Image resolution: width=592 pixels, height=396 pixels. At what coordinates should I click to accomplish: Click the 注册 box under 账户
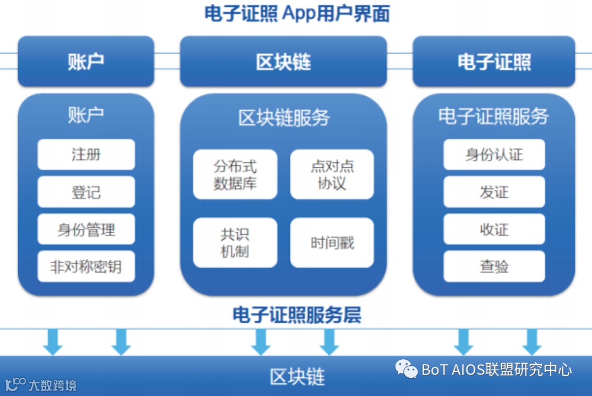[x=86, y=154]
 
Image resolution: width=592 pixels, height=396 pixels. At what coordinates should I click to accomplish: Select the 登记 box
[x=86, y=192]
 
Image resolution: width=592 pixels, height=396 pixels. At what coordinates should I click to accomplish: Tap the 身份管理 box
[x=86, y=229]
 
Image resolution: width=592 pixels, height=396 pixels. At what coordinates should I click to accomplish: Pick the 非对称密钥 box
[x=86, y=267]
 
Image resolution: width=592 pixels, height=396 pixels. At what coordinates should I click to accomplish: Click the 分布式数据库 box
[x=235, y=174]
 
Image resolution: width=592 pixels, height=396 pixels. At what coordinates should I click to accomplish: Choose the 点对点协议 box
[x=332, y=174]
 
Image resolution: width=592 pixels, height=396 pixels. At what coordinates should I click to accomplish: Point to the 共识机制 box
[x=235, y=242]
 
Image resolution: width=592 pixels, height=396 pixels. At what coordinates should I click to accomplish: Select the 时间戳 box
[x=332, y=242]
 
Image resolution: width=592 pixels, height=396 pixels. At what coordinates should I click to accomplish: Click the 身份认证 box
[x=494, y=154]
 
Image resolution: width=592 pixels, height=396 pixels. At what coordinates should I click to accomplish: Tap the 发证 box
[x=494, y=192]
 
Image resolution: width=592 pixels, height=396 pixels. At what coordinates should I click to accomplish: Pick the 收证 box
[x=494, y=229]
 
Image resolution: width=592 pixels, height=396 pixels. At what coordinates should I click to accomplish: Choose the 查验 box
[x=494, y=267]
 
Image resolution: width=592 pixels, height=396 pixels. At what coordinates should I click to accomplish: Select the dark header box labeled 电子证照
[x=494, y=61]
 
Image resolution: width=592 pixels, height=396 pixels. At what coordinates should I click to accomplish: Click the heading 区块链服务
[x=283, y=117]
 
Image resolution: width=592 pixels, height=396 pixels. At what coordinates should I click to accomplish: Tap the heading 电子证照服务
[x=494, y=116]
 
